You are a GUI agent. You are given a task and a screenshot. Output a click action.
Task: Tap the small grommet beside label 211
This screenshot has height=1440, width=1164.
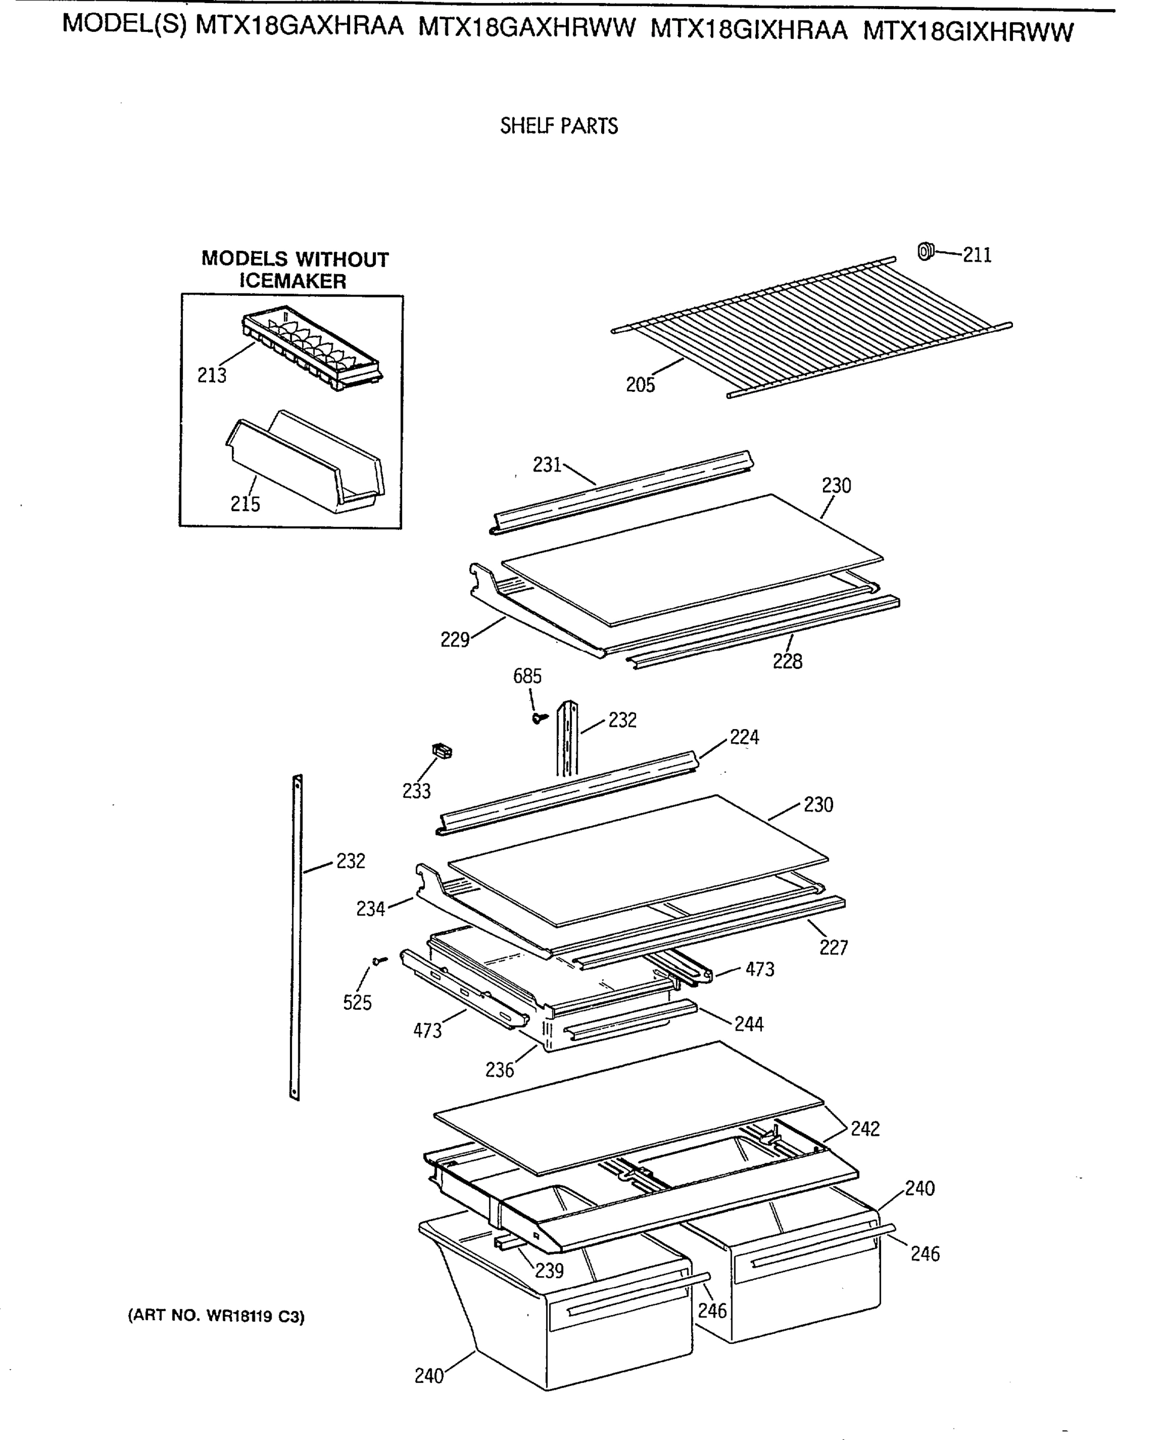tap(925, 251)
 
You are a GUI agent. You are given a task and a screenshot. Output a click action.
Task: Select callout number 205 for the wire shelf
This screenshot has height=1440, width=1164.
tap(640, 385)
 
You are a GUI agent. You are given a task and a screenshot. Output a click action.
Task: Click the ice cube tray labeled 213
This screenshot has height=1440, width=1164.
tap(312, 350)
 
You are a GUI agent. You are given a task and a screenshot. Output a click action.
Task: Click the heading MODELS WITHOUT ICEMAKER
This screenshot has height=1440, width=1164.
tap(294, 270)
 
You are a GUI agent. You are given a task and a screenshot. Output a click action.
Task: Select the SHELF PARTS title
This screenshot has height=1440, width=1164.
tap(559, 126)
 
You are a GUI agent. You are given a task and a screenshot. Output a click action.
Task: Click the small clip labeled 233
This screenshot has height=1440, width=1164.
tap(442, 751)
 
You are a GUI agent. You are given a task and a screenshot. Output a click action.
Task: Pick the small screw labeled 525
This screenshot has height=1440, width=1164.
tap(379, 962)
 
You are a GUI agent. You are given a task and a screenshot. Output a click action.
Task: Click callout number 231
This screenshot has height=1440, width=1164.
tap(547, 464)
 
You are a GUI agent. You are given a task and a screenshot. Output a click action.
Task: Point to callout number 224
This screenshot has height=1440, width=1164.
tap(744, 737)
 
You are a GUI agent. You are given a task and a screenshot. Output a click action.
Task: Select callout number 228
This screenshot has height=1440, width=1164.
tap(786, 662)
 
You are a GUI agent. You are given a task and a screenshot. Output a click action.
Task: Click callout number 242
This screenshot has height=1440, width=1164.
tap(864, 1129)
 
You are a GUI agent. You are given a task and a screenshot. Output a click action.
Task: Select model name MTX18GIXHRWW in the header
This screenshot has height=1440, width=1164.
tap(967, 32)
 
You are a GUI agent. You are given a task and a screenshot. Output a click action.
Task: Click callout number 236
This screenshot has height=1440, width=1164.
tap(499, 1070)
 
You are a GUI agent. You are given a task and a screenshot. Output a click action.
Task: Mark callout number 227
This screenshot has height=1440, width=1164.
tap(833, 947)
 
